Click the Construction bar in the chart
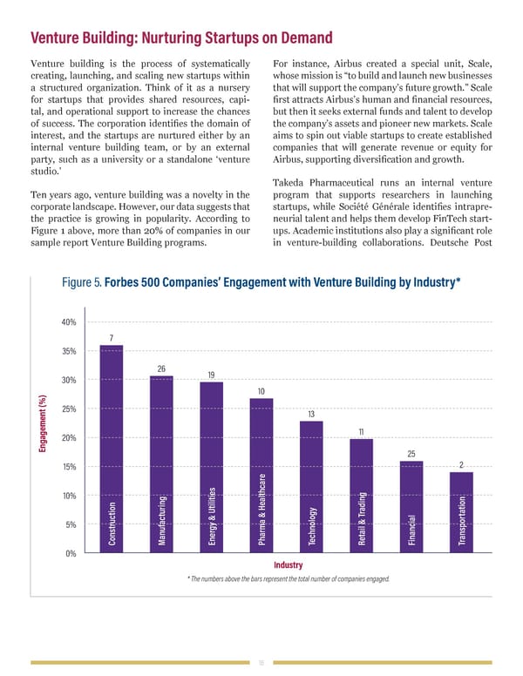click(x=112, y=449)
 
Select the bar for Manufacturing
click(x=161, y=464)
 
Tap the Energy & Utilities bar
click(x=212, y=467)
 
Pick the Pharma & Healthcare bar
click(x=261, y=476)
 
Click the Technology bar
click(x=311, y=487)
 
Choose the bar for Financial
click(x=411, y=507)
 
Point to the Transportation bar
click(x=461, y=512)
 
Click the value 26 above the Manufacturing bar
click(x=161, y=368)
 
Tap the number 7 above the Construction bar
click(x=112, y=338)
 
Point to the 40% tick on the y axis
click(x=68, y=322)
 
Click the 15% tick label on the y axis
click(x=68, y=467)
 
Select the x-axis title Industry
click(x=288, y=565)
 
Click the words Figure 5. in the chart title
click(x=82, y=283)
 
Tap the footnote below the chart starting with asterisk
click(x=288, y=579)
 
